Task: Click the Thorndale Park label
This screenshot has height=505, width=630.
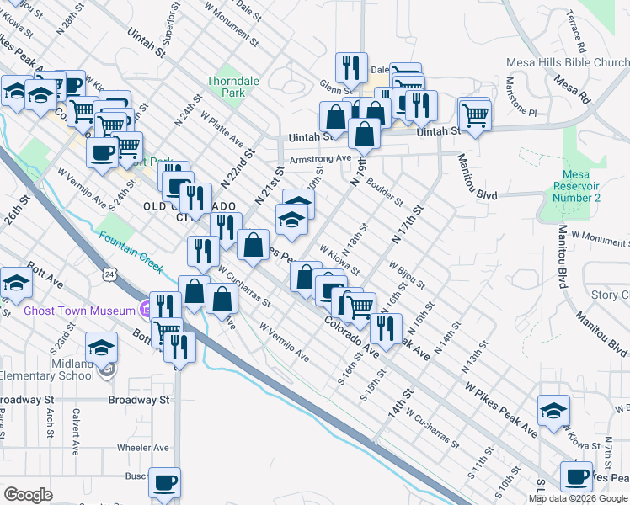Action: pyautogui.click(x=228, y=88)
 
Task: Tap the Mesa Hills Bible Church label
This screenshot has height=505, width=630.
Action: pyautogui.click(x=568, y=63)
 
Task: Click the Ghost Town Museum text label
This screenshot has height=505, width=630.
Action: pyautogui.click(x=74, y=311)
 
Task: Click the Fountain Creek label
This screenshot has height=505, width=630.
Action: pyautogui.click(x=131, y=251)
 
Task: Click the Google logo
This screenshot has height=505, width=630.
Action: pyautogui.click(x=28, y=495)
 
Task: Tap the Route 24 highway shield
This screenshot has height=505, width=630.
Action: pyautogui.click(x=110, y=274)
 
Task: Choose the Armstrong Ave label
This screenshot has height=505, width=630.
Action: pyautogui.click(x=319, y=158)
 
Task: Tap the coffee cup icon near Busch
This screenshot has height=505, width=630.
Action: pyautogui.click(x=164, y=483)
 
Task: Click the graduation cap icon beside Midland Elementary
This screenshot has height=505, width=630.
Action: pyautogui.click(x=100, y=346)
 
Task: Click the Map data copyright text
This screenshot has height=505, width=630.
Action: pyautogui.click(x=579, y=497)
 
